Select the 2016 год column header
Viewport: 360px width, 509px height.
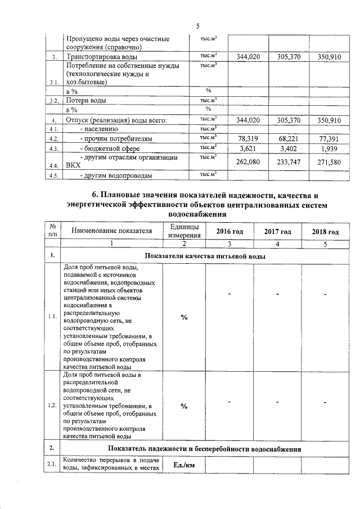click(229, 232)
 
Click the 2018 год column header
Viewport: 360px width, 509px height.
click(325, 232)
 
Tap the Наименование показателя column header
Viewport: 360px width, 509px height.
click(111, 231)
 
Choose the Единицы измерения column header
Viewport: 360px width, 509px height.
click(184, 231)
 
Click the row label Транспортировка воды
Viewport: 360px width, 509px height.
click(100, 57)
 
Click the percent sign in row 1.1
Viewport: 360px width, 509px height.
click(184, 317)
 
